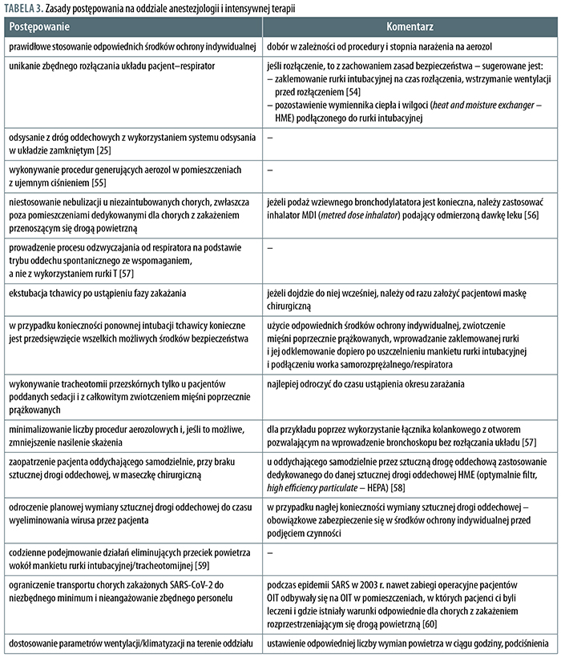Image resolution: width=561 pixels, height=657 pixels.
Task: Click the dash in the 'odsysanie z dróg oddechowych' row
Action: pyautogui.click(x=271, y=137)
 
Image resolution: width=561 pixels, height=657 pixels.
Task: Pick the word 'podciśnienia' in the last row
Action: pyautogui.click(x=528, y=641)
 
